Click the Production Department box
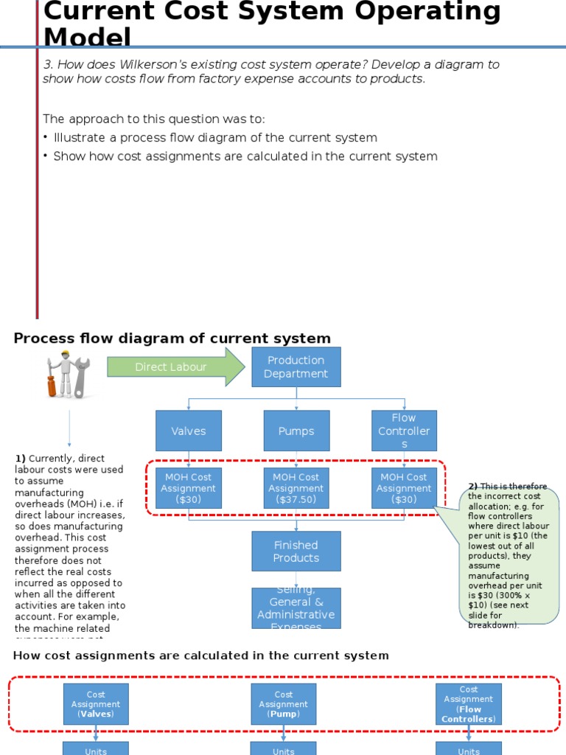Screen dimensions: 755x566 pyautogui.click(x=296, y=366)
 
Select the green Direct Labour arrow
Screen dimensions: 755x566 pyautogui.click(x=175, y=366)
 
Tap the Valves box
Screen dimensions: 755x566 pyautogui.click(x=188, y=431)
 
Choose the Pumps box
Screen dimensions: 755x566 pyautogui.click(x=296, y=431)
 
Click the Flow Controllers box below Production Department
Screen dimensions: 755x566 pyautogui.click(x=404, y=431)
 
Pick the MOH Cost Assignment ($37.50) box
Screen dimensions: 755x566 pyautogui.click(x=296, y=488)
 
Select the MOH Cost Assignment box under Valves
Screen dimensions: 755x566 pyautogui.click(x=188, y=488)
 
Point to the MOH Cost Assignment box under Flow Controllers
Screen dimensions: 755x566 pyautogui.click(x=404, y=488)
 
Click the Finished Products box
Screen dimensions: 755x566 pyautogui.click(x=296, y=551)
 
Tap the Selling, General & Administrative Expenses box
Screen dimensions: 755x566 pyautogui.click(x=296, y=608)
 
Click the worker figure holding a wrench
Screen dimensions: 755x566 pyautogui.click(x=69, y=375)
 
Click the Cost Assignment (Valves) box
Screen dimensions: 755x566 pyautogui.click(x=96, y=704)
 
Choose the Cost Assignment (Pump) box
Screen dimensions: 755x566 pyautogui.click(x=284, y=704)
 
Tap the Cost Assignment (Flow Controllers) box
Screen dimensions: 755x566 pyautogui.click(x=469, y=704)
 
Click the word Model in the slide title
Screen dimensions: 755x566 pyautogui.click(x=87, y=37)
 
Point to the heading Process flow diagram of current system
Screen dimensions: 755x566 pyautogui.click(x=172, y=338)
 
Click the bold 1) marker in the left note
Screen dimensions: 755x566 pyautogui.click(x=20, y=458)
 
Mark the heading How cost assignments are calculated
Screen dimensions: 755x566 pyautogui.click(x=200, y=655)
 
